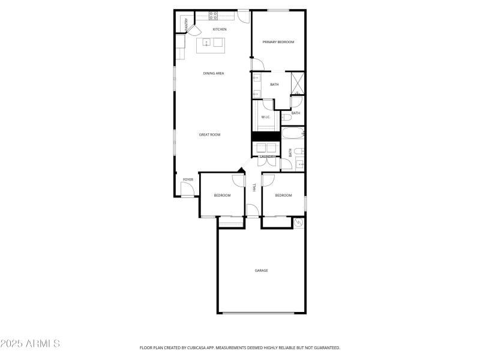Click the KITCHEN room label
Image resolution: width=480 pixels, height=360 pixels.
click(x=220, y=29)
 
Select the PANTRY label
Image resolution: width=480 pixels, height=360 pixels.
click(x=187, y=25)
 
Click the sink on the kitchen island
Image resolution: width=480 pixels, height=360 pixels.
click(x=206, y=42)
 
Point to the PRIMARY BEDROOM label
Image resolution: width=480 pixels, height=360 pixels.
click(x=278, y=41)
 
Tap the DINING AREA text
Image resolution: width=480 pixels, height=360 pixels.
click(x=214, y=73)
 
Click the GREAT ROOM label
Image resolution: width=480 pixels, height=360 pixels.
click(x=209, y=134)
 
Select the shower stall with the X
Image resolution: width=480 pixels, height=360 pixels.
click(x=298, y=83)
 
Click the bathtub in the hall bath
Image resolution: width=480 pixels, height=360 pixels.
click(x=293, y=133)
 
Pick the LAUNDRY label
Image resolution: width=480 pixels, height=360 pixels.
click(x=267, y=157)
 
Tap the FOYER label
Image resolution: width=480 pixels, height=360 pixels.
click(x=188, y=179)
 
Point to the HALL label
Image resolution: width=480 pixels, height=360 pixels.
click(x=254, y=188)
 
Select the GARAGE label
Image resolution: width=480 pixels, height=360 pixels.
click(x=261, y=271)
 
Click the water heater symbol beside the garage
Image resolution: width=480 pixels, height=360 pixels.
click(x=298, y=223)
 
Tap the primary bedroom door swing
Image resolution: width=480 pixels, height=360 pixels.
click(x=257, y=65)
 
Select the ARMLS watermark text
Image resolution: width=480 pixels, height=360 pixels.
click(x=30, y=344)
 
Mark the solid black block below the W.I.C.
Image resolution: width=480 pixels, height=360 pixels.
click(x=266, y=137)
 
